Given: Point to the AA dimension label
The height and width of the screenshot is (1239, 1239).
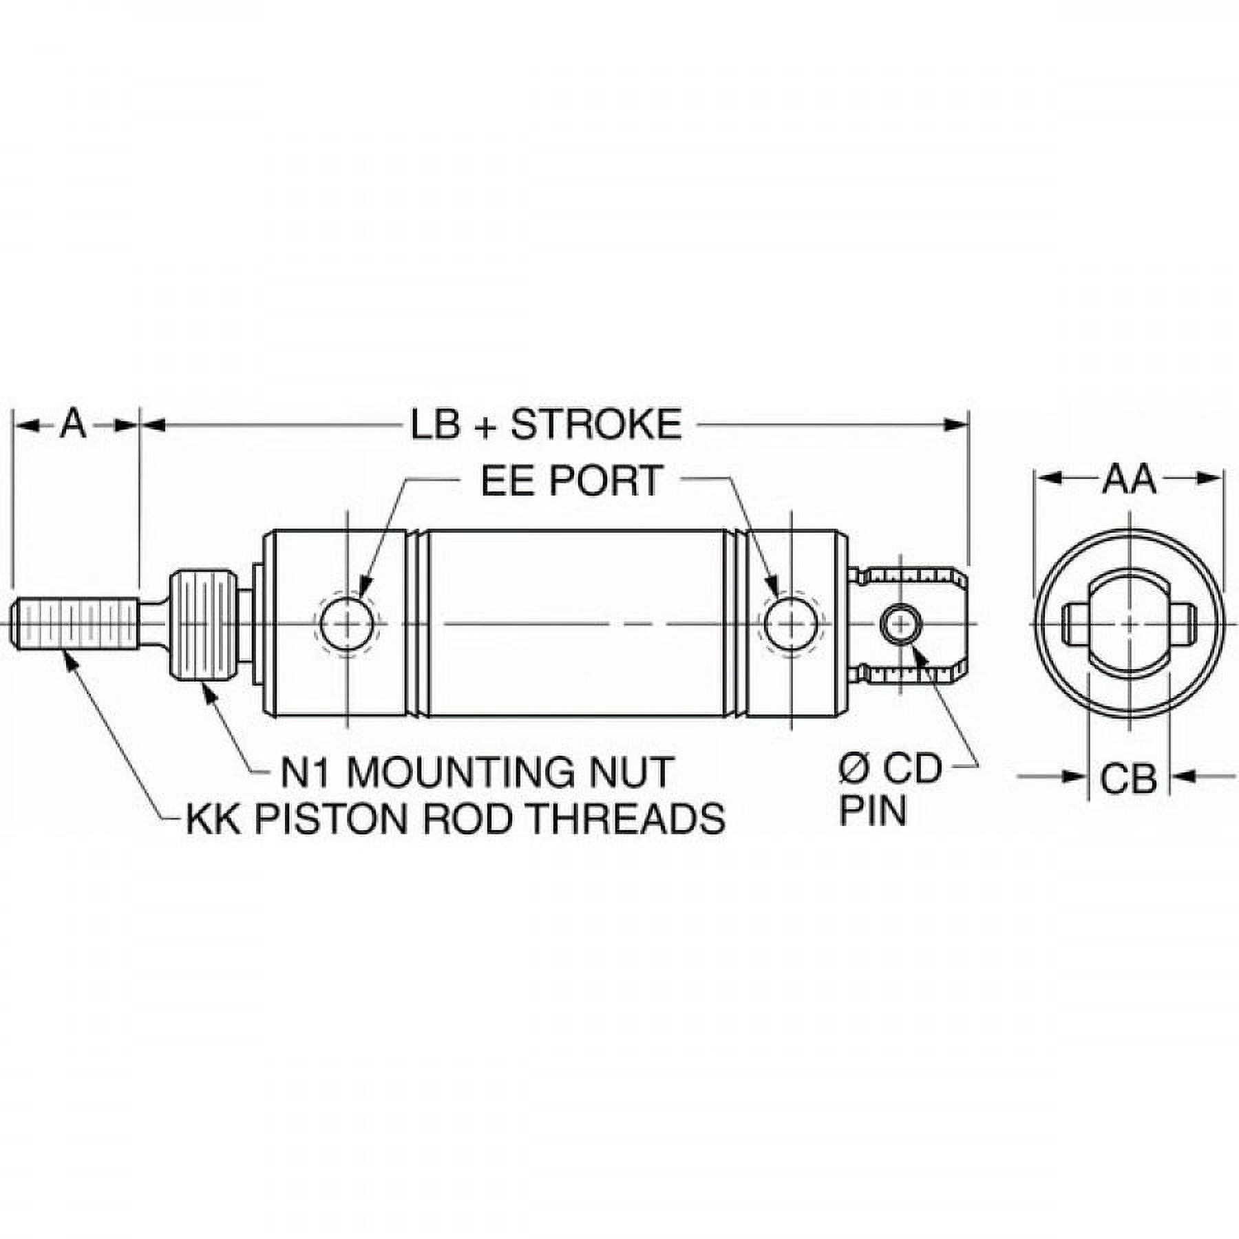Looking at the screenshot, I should click(1129, 480).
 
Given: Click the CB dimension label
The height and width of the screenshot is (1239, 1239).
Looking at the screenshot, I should click(1128, 779).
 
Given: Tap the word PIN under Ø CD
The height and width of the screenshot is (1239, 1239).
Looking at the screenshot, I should click(873, 811).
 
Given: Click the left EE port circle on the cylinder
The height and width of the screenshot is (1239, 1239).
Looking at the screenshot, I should click(348, 623).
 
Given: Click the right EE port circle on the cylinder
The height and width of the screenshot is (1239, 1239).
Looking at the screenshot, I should click(792, 623).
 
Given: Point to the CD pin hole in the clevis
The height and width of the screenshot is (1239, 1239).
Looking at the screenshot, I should click(899, 623).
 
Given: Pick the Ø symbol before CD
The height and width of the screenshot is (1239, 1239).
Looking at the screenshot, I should click(854, 769).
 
